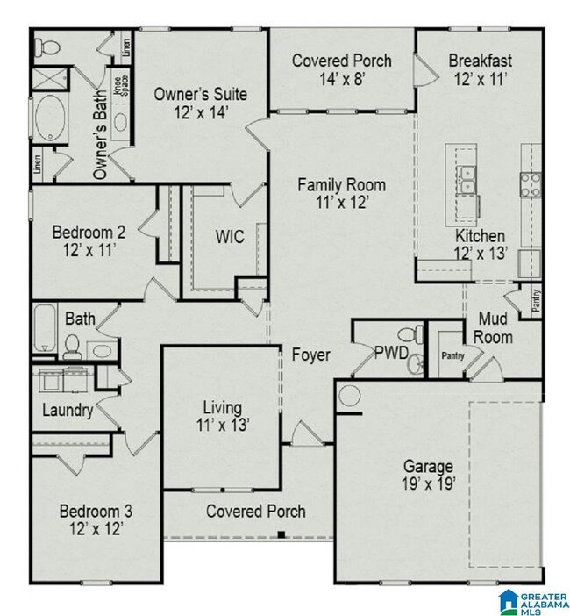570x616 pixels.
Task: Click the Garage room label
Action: click(428, 466)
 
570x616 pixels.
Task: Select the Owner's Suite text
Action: click(200, 93)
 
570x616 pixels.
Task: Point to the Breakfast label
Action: click(480, 61)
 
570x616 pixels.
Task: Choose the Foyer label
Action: click(312, 355)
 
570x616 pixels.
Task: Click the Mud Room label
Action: click(495, 327)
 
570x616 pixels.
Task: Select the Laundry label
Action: click(68, 410)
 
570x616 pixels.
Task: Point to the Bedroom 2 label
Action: click(88, 233)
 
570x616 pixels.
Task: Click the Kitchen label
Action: click(479, 236)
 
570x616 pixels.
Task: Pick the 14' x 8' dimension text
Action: click(341, 77)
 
